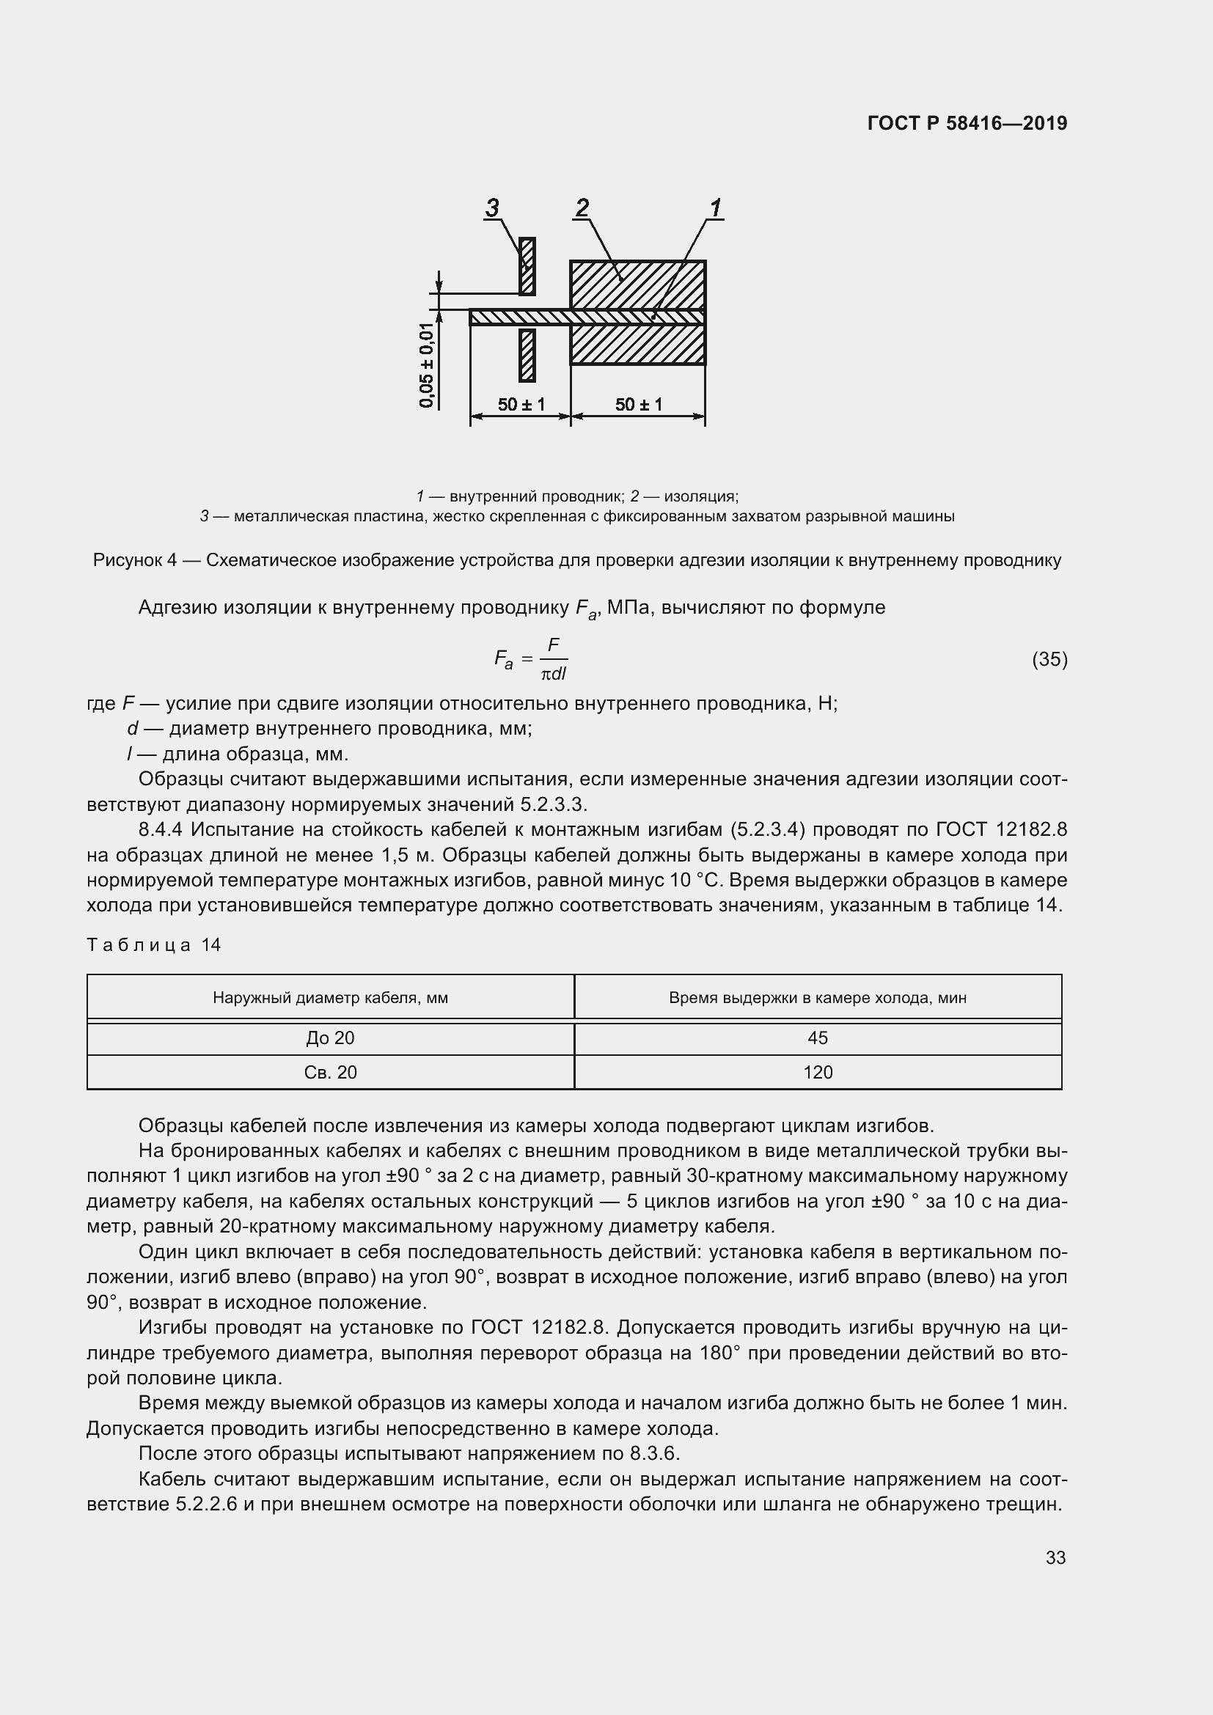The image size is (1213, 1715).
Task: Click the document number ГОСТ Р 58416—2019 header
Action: tap(967, 123)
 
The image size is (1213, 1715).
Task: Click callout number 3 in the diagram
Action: tap(491, 208)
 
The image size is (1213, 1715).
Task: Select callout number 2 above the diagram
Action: tap(582, 208)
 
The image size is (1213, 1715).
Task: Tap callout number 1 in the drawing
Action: tap(715, 208)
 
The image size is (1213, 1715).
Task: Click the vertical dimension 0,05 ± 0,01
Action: tap(427, 365)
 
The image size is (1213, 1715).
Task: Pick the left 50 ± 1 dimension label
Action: tap(521, 404)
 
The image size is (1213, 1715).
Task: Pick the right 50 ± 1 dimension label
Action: tap(638, 404)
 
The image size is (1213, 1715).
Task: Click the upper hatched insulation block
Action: tap(637, 284)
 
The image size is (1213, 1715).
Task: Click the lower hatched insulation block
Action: tap(637, 345)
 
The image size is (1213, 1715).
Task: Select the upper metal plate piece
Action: tap(527, 265)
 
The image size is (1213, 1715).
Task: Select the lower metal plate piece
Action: tap(527, 355)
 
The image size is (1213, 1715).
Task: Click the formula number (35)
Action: tap(1049, 659)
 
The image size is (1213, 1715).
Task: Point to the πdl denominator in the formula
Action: tap(554, 674)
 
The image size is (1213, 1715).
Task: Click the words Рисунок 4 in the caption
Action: tap(134, 560)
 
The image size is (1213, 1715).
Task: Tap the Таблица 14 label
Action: tap(154, 945)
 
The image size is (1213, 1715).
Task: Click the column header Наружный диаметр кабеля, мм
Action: tap(330, 997)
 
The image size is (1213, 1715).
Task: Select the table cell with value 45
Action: tap(817, 1038)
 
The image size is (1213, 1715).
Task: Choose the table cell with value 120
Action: tap(817, 1072)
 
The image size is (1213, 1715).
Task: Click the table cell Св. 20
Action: tap(330, 1072)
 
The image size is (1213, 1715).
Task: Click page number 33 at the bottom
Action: tap(1055, 1557)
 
